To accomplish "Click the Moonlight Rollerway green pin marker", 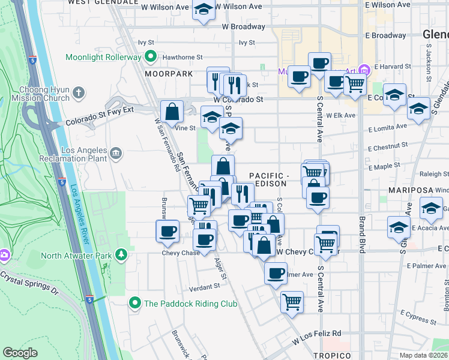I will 150,58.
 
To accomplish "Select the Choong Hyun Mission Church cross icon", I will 78,93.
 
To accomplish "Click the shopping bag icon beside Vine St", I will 172,111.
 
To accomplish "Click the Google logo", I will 20,353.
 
